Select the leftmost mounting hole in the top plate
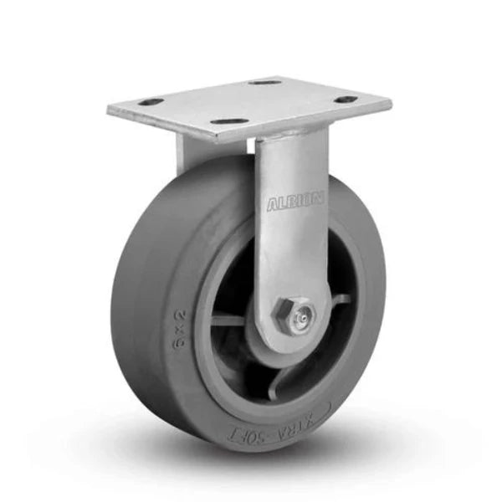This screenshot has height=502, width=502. click(151, 101)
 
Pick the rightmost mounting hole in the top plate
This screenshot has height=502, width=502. click(345, 100)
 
